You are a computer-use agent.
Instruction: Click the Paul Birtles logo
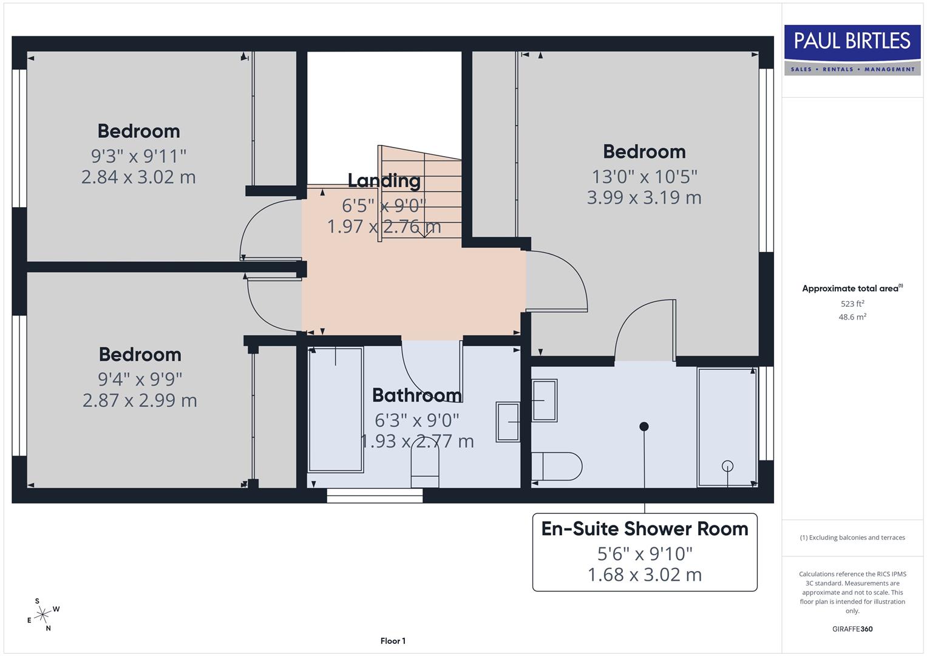pyautogui.click(x=852, y=50)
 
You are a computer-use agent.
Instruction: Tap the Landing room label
pyautogui.click(x=384, y=180)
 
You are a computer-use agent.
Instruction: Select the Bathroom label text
pyautogui.click(x=416, y=395)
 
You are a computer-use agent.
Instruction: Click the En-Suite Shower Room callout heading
pyautogui.click(x=645, y=529)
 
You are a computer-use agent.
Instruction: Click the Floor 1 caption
pyautogui.click(x=393, y=641)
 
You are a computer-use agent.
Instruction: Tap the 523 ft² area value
pyautogui.click(x=852, y=304)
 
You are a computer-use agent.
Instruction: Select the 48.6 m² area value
pyautogui.click(x=852, y=317)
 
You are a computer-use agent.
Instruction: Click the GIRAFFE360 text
pyautogui.click(x=852, y=629)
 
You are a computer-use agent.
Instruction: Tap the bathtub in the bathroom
pyautogui.click(x=336, y=409)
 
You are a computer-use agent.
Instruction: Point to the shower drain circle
pyautogui.click(x=727, y=466)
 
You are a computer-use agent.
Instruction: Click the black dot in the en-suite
pyautogui.click(x=644, y=426)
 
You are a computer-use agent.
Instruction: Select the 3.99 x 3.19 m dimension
pyautogui.click(x=644, y=197)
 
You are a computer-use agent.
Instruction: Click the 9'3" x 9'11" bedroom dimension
pyautogui.click(x=138, y=156)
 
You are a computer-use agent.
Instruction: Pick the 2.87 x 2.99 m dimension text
pyautogui.click(x=140, y=400)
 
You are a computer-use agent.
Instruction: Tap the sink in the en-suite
pyautogui.click(x=545, y=400)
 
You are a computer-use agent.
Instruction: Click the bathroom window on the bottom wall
pyautogui.click(x=375, y=496)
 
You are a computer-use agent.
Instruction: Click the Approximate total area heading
pyautogui.click(x=852, y=289)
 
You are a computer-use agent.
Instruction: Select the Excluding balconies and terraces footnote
pyautogui.click(x=852, y=538)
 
